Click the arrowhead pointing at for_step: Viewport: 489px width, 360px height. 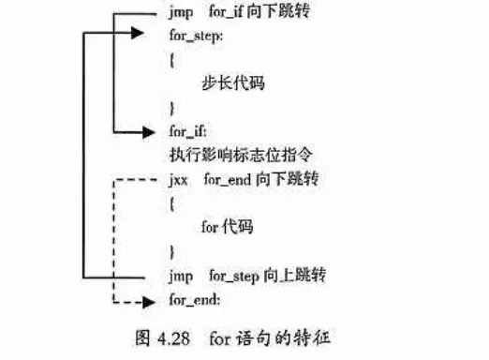(139, 34)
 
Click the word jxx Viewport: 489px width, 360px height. (180, 179)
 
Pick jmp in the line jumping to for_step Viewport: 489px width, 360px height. (181, 277)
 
